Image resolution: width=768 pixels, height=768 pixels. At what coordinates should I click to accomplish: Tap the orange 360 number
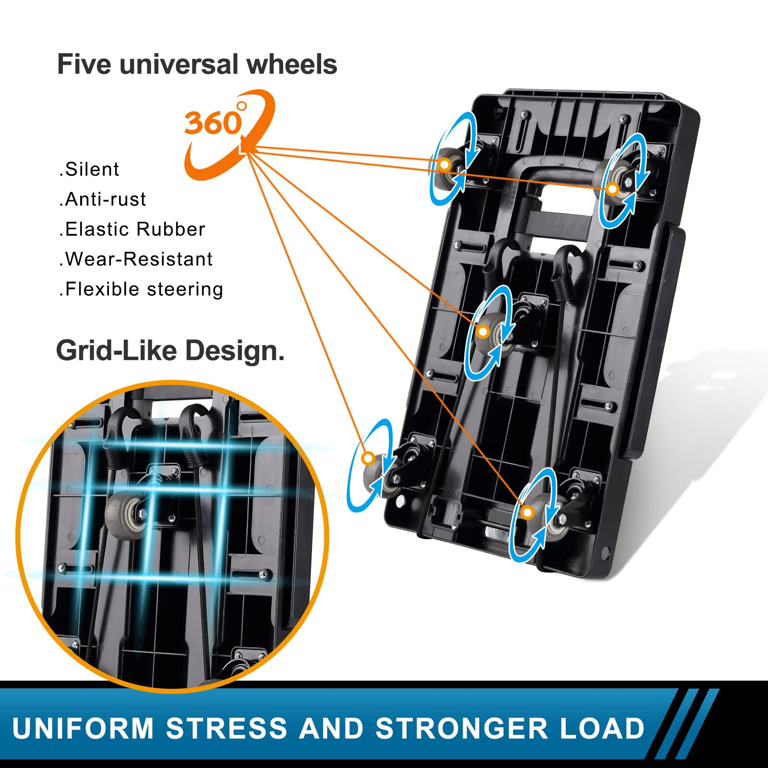[x=213, y=123]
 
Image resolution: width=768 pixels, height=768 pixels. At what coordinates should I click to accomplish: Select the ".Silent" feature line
[x=89, y=169]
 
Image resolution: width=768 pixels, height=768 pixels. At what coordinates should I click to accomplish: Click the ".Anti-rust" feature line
[x=102, y=199]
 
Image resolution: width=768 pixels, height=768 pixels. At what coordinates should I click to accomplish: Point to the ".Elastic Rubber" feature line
[x=132, y=229]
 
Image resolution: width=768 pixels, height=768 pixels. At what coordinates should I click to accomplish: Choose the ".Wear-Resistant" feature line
[x=136, y=259]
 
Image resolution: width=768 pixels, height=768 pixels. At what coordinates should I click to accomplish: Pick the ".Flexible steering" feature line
[x=141, y=289]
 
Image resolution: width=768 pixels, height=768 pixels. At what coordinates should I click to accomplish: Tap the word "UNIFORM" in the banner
[x=83, y=729]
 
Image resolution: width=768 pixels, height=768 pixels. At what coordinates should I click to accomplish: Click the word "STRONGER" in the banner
[x=461, y=729]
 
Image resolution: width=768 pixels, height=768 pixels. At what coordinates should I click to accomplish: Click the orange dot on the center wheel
[x=483, y=332]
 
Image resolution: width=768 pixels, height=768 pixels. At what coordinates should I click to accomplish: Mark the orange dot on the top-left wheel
[x=445, y=165]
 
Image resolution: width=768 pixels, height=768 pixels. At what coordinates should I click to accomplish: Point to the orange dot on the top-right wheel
[x=612, y=189]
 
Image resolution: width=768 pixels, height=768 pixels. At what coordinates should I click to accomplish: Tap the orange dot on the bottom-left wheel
[x=368, y=458]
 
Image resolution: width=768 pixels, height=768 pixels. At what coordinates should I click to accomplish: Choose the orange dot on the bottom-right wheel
[x=528, y=513]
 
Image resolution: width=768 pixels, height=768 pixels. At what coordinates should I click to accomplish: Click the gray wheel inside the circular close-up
[x=126, y=515]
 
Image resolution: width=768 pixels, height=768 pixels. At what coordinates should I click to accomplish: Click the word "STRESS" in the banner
[x=226, y=729]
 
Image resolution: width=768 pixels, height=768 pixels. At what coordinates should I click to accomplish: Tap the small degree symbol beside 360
[x=242, y=106]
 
